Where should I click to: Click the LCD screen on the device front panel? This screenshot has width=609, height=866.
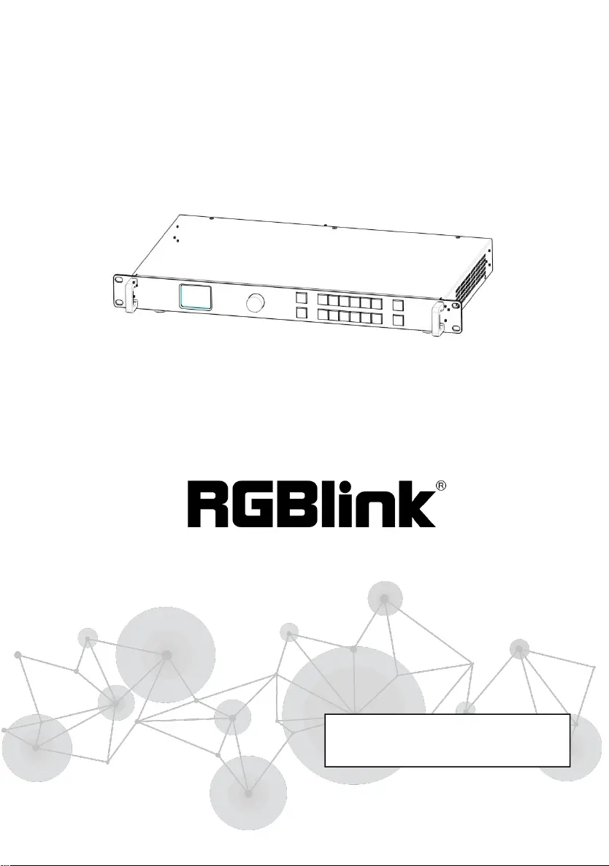[x=196, y=297]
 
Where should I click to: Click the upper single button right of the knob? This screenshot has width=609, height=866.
[x=302, y=299]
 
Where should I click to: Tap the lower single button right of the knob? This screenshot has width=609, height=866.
[x=302, y=314]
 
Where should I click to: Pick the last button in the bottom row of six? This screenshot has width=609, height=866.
[x=376, y=318]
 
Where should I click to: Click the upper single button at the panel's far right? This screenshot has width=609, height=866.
[x=397, y=305]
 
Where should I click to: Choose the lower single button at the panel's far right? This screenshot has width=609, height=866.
[x=397, y=321]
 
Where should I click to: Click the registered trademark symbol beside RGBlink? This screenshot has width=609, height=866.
[x=440, y=485]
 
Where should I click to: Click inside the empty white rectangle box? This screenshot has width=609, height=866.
[x=446, y=740]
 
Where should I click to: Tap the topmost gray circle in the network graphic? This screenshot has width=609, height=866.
[x=384, y=599]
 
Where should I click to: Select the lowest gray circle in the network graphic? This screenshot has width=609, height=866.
[x=248, y=793]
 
